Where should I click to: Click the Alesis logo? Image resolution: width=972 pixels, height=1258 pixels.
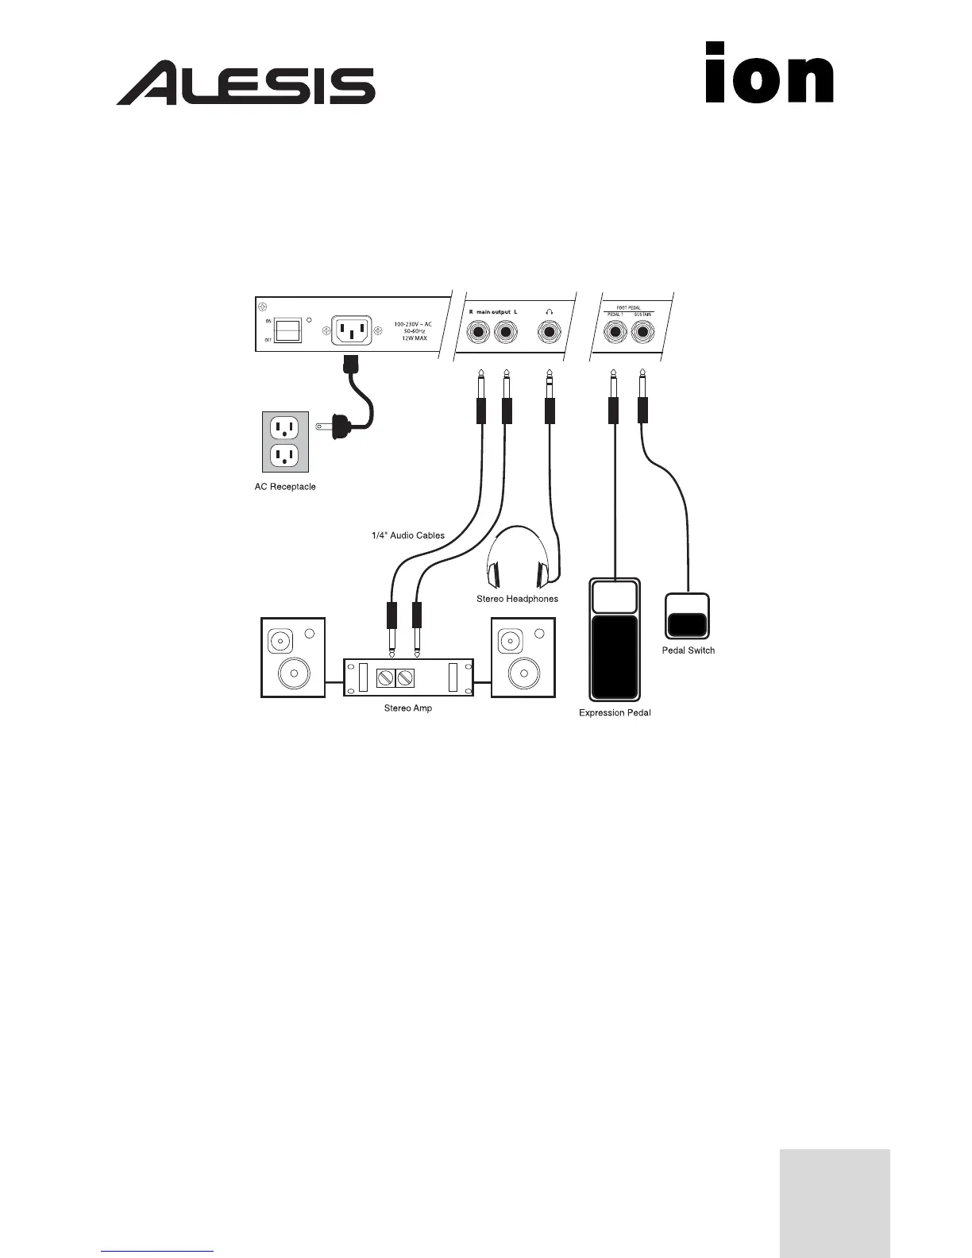click(246, 83)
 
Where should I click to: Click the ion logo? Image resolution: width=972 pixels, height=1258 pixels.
click(769, 73)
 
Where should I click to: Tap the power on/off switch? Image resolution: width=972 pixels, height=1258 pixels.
click(287, 330)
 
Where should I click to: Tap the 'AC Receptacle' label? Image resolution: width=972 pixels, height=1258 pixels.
click(285, 487)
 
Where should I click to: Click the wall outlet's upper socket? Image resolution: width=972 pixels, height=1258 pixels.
click(285, 430)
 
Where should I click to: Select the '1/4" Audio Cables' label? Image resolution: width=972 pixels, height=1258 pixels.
click(408, 536)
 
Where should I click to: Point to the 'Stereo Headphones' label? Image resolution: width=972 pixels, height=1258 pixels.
click(517, 599)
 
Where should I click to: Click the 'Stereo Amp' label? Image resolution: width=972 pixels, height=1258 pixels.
click(408, 708)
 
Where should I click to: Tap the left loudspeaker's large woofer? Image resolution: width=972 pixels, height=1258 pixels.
click(293, 674)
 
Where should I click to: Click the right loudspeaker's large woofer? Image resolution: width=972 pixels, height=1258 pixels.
click(523, 674)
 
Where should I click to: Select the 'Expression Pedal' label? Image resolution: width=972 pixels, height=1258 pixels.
click(615, 713)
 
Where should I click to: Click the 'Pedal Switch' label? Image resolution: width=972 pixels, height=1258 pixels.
click(688, 650)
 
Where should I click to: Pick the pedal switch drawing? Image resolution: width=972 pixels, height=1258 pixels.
click(686, 616)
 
